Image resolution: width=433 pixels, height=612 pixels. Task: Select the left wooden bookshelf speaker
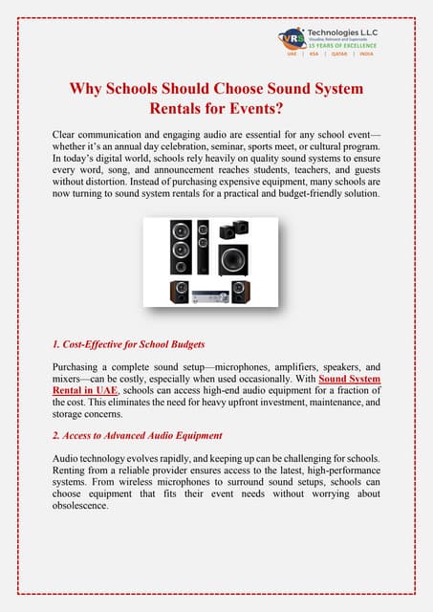click(x=179, y=292)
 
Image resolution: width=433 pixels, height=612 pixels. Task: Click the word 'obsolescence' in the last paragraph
click(x=90, y=505)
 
